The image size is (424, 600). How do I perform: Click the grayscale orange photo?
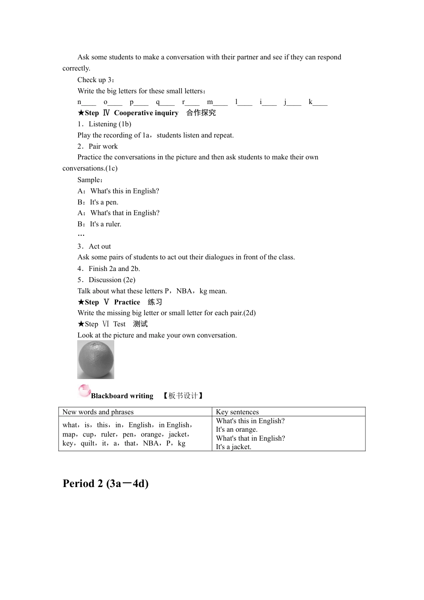[96, 360]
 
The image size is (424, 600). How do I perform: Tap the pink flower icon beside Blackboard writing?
[84, 391]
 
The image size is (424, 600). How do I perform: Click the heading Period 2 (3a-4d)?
[106, 483]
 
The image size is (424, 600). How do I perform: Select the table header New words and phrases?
[98, 412]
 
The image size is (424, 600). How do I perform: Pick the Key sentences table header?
[237, 412]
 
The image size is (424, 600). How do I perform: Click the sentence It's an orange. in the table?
[237, 429]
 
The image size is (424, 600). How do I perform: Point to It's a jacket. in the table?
[233, 447]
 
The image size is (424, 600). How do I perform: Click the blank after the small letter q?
[168, 102]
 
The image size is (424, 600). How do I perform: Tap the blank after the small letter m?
[220, 102]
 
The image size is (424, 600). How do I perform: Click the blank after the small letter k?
[320, 102]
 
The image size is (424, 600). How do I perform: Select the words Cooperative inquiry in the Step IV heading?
[146, 113]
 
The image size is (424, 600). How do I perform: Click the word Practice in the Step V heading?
[127, 302]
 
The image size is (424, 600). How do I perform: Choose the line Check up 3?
[96, 80]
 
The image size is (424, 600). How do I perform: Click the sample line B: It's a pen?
[98, 202]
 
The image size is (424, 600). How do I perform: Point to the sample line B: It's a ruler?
[100, 224]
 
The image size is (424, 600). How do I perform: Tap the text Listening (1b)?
[110, 124]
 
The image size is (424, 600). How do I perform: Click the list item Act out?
[100, 246]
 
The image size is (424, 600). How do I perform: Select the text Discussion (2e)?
[112, 280]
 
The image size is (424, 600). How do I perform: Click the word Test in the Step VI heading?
[119, 324]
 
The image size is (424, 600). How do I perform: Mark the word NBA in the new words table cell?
[151, 443]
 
